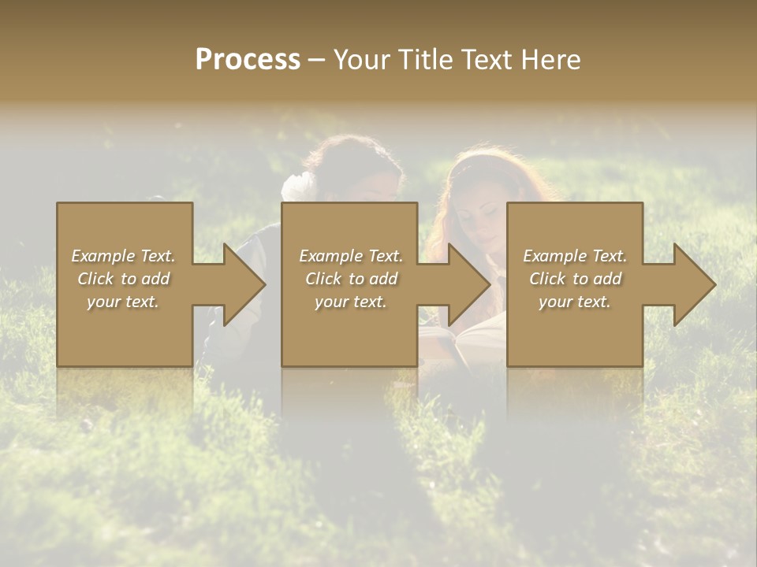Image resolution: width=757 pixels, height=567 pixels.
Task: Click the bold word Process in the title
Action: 248,60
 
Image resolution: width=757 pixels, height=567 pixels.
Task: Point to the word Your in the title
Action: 362,60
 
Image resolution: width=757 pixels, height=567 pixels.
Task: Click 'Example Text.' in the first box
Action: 123,256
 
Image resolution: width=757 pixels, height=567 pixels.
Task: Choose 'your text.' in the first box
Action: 123,302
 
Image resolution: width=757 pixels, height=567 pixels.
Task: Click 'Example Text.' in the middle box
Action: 351,256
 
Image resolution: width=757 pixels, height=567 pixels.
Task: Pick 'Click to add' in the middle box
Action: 351,279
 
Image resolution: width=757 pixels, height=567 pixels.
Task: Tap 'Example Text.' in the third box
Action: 575,256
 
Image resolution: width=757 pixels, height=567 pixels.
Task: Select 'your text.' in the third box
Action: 575,302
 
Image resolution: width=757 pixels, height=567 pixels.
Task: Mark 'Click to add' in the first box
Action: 123,279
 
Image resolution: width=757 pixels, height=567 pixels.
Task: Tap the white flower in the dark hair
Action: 299,187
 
